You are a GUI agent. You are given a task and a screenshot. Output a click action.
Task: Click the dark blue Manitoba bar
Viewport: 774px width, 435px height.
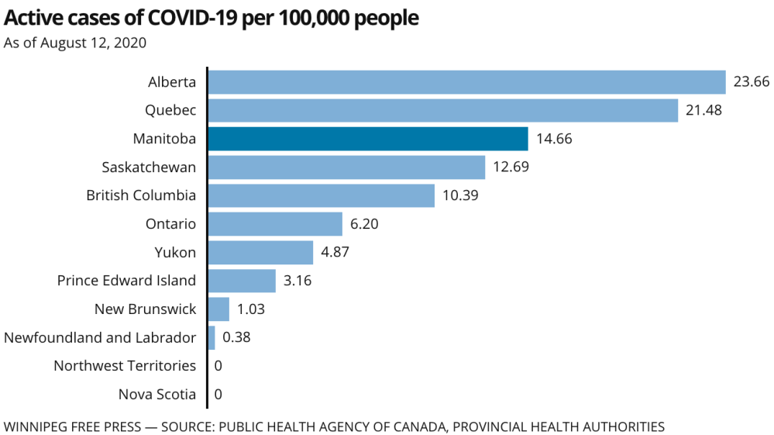pyautogui.click(x=368, y=139)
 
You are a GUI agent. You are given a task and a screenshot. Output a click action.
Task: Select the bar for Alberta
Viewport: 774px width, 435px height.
pyautogui.click(x=466, y=82)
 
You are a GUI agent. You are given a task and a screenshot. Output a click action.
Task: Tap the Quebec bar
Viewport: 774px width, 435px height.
pyautogui.click(x=442, y=110)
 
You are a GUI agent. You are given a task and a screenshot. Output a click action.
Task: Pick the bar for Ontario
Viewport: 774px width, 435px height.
pyautogui.click(x=275, y=224)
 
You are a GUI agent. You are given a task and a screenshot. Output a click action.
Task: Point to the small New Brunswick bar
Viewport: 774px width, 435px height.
pyautogui.click(x=218, y=309)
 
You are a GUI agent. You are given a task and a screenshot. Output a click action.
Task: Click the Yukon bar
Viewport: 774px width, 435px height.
pyautogui.click(x=260, y=252)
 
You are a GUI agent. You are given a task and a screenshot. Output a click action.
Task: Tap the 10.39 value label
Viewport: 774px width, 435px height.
pyautogui.click(x=460, y=195)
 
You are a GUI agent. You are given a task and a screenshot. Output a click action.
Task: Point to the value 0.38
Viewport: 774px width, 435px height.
pyautogui.click(x=236, y=337)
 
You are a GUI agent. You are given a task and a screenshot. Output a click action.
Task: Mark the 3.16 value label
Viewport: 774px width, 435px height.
pyautogui.click(x=298, y=281)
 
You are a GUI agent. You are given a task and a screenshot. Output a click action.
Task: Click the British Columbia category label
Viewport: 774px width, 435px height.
pyautogui.click(x=141, y=195)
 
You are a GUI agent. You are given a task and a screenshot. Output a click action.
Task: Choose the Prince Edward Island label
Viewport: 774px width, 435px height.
pyautogui.click(x=126, y=281)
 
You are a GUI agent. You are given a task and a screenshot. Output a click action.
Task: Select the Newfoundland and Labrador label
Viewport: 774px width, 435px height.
pyautogui.click(x=100, y=337)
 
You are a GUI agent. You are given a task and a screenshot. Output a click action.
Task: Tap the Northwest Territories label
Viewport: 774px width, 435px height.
pyautogui.click(x=125, y=365)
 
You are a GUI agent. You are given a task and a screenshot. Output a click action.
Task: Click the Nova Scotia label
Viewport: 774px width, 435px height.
pyautogui.click(x=157, y=394)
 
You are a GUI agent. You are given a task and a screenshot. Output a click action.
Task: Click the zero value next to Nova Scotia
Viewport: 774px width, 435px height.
pyautogui.click(x=218, y=394)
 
